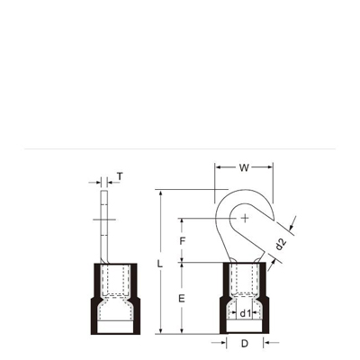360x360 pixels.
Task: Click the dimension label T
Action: pos(120,176)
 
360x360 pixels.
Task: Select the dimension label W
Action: pos(244,168)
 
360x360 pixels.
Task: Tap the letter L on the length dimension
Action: pos(160,264)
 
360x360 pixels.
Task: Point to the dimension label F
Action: pos(182,241)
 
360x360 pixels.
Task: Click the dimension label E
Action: pos(182,299)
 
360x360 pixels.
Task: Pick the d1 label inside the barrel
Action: pos(245,313)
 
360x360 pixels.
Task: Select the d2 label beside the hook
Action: pos(281,244)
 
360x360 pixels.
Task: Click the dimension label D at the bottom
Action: pos(245,344)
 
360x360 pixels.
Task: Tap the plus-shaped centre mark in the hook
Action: pos(245,218)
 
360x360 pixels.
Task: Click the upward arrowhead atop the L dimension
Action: pos(161,193)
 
